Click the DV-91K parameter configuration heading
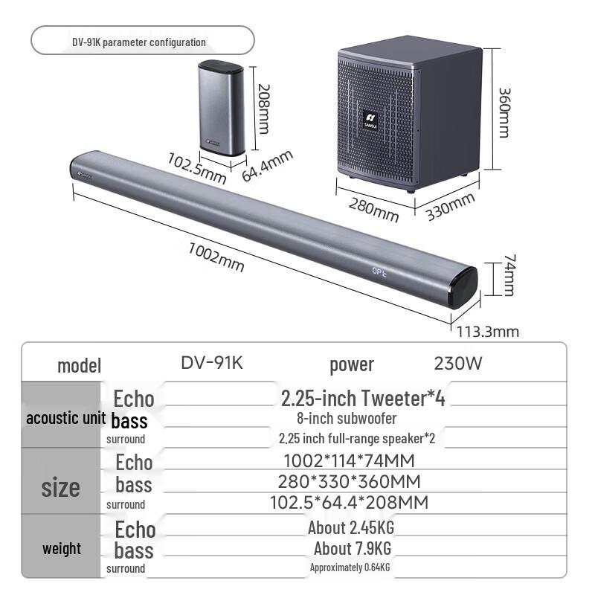coord(139,42)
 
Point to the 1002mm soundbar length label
coord(216,257)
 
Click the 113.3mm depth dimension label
coord(488,332)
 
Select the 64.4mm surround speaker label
coord(268,166)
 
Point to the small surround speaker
coord(222,108)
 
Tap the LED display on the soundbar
coord(383,272)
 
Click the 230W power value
coord(458,364)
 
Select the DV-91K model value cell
coord(212,363)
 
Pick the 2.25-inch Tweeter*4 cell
coord(363,398)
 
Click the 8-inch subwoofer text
coord(347,419)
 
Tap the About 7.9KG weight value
coord(352,549)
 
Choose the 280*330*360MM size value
coord(349,482)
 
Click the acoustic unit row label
coord(62,418)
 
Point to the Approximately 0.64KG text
coord(350,568)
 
